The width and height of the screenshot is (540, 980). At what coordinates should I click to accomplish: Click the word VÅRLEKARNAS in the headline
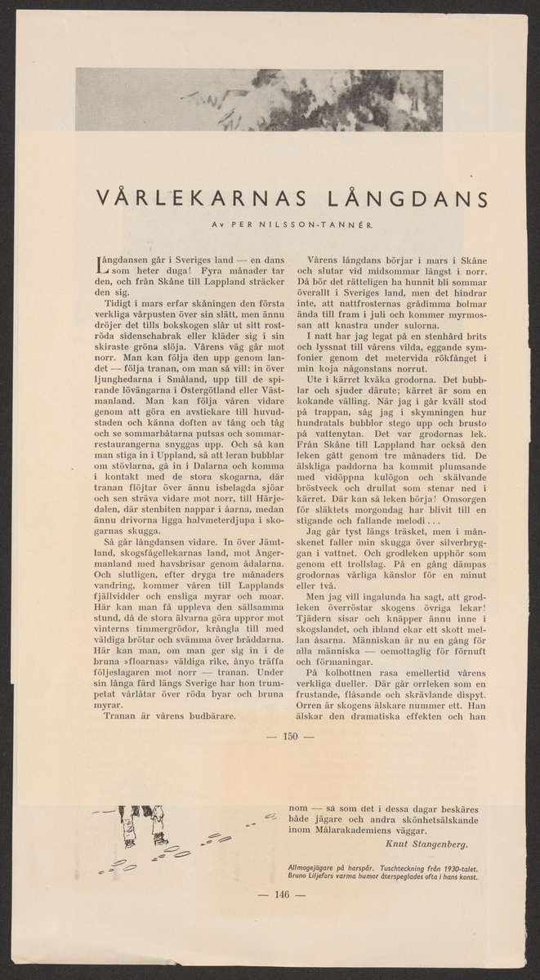click(198, 198)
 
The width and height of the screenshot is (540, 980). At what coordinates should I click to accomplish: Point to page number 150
click(291, 737)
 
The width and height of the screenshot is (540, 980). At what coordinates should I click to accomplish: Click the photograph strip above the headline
click(259, 100)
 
